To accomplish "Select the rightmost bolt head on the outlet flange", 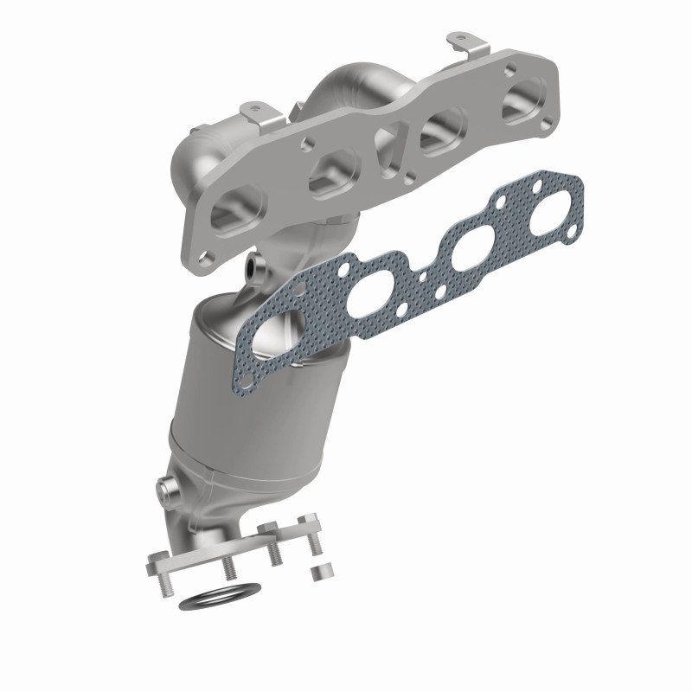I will pyautogui.click(x=304, y=522).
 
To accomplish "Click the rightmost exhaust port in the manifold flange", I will pyautogui.click(x=524, y=97).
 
